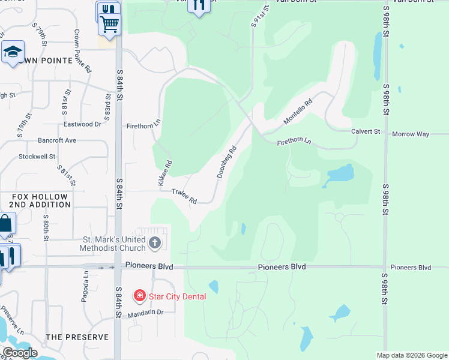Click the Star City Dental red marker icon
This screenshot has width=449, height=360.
pyautogui.click(x=139, y=296)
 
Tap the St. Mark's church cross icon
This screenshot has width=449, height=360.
pyautogui.click(x=155, y=243)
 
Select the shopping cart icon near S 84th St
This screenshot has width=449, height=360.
pyautogui.click(x=109, y=24)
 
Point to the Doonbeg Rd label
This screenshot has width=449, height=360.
pyautogui.click(x=226, y=161)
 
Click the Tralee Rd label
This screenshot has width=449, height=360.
pyautogui.click(x=184, y=196)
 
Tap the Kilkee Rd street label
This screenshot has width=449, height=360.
pyautogui.click(x=165, y=172)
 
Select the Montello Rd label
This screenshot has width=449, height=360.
pyautogui.click(x=298, y=112)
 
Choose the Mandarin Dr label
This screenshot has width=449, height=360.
pyautogui.click(x=145, y=312)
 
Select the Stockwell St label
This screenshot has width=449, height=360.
pyautogui.click(x=37, y=156)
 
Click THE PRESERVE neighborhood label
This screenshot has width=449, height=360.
pyautogui.click(x=77, y=337)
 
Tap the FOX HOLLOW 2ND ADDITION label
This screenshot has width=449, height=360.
pyautogui.click(x=41, y=200)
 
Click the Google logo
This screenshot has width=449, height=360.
pyautogui.click(x=20, y=352)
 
